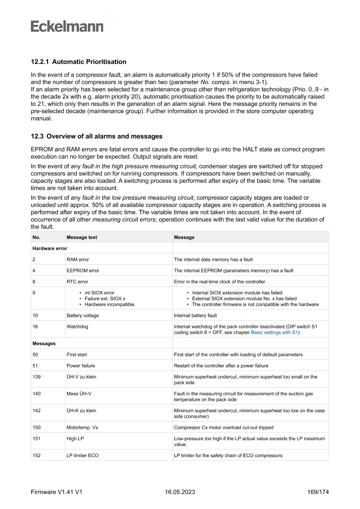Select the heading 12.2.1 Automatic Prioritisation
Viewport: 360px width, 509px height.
coord(78,62)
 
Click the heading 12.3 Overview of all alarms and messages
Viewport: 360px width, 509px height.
coord(97,137)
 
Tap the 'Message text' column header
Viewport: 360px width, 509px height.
coord(82,237)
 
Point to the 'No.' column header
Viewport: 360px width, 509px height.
coord(36,237)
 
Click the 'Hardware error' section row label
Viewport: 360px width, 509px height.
coord(50,248)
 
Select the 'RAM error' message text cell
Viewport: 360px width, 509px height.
coord(77,260)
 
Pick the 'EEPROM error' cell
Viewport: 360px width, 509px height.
coord(83,270)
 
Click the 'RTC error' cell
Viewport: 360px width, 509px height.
coord(77,282)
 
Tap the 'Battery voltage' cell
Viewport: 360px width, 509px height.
coord(83,315)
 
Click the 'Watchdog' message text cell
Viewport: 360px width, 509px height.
coord(77,327)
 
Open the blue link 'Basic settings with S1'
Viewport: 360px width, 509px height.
coord(274,332)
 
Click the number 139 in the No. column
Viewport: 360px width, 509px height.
coord(37,377)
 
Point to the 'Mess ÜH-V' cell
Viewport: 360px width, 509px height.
coord(79,394)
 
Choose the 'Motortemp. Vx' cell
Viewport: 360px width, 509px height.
coord(82,428)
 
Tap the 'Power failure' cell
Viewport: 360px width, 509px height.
coord(81,366)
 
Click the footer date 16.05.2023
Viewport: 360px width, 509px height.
coord(180,492)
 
